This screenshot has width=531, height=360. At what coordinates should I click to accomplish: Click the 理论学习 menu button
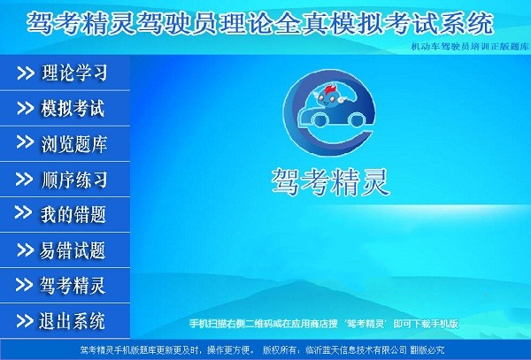coord(65,73)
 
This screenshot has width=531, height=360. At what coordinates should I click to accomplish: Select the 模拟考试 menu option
coord(65,108)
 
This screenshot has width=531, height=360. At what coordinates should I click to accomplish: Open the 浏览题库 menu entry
coord(65,144)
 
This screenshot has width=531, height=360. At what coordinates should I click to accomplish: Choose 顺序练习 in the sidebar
coord(65,180)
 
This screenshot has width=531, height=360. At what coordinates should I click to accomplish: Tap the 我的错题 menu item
coord(65,215)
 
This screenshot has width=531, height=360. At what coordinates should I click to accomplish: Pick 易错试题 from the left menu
coord(65,250)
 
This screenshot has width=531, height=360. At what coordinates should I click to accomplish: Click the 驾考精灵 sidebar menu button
coord(65,285)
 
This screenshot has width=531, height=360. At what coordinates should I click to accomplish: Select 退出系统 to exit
coord(65,321)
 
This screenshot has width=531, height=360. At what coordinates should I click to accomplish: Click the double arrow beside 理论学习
coord(26,73)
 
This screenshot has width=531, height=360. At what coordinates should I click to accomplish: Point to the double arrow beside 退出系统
coord(25,321)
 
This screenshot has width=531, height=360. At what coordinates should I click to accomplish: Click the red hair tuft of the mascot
coord(330,90)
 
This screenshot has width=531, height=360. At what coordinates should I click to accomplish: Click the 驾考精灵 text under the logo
coord(330,182)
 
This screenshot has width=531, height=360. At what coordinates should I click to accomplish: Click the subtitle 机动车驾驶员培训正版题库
coord(470,47)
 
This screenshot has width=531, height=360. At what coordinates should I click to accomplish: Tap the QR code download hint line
coord(324,324)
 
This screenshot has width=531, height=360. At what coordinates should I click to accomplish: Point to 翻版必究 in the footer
coord(427,349)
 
